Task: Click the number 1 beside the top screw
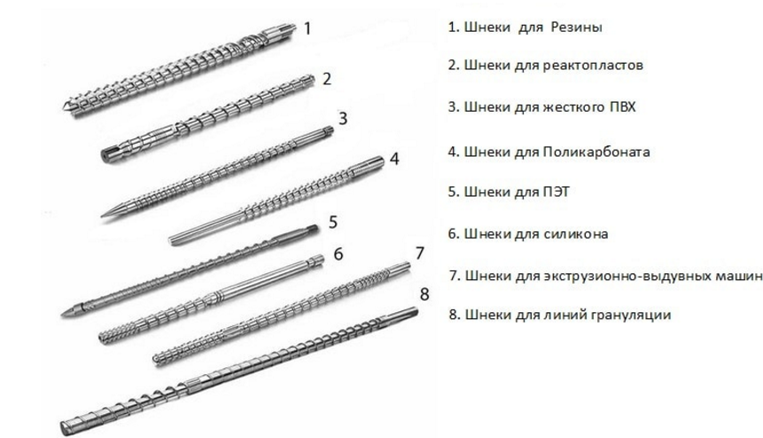[307, 28]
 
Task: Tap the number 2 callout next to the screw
[326, 79]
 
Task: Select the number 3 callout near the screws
[343, 118]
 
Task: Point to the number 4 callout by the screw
[394, 159]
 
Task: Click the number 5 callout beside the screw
[333, 222]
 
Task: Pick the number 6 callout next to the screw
[339, 254]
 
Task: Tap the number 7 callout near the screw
[419, 253]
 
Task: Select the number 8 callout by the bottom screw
[424, 294]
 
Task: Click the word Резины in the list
[577, 27]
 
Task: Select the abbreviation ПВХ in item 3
[622, 106]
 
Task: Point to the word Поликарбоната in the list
[596, 152]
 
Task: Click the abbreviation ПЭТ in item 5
[556, 192]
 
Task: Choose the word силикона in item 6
[575, 234]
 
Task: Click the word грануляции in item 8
[631, 315]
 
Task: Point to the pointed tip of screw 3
[103, 215]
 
